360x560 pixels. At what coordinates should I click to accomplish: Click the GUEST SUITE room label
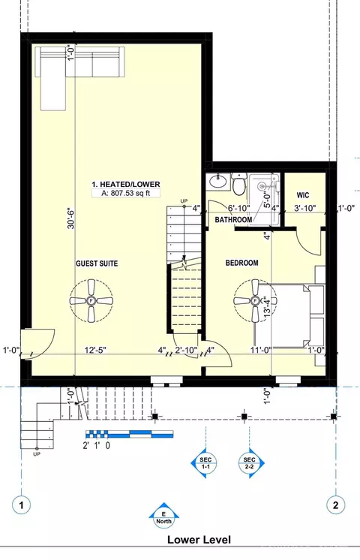(97, 263)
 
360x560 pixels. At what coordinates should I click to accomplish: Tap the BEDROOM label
(242, 263)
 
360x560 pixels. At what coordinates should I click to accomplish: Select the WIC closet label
(303, 195)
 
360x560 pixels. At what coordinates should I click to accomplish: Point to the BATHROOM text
(233, 220)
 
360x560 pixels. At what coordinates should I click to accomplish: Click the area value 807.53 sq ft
(125, 193)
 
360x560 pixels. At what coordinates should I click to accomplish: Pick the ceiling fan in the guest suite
(91, 301)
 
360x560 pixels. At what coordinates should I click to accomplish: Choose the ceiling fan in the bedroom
(255, 301)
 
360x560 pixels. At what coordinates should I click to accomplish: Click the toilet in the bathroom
(238, 184)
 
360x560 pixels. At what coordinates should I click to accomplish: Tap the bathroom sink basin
(218, 182)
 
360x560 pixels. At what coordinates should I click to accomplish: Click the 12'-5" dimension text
(95, 350)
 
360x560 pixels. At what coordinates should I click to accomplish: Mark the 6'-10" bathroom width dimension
(239, 208)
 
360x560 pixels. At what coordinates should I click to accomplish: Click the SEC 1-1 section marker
(205, 463)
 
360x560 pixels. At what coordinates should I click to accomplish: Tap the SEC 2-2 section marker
(251, 463)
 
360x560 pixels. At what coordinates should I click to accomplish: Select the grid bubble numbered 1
(22, 505)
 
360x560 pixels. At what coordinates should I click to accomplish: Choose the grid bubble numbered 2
(336, 505)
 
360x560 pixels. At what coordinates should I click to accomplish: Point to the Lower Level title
(199, 539)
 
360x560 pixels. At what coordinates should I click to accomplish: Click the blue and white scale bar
(130, 434)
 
